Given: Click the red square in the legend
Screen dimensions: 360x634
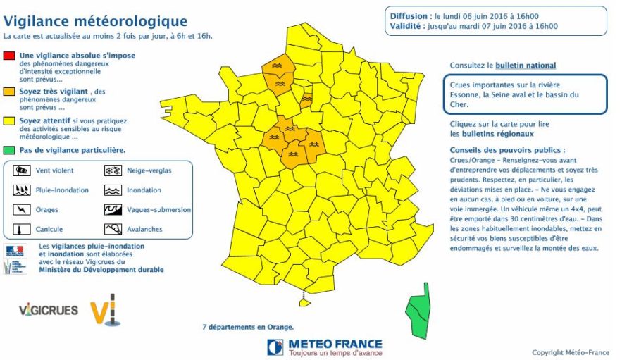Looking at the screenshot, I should click(8, 55).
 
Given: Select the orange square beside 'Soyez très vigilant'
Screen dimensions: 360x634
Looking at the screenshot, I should click(8, 92).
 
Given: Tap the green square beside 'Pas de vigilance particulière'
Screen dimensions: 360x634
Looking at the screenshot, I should click(8, 149).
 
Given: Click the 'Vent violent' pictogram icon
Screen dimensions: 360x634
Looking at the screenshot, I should click(22, 170).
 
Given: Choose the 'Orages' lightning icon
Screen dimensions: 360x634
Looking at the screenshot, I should click(22, 209).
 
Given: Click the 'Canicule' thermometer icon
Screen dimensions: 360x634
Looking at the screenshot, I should click(22, 229).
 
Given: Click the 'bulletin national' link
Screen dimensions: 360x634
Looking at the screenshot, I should click(525, 66).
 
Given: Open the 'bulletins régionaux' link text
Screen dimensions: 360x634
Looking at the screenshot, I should click(492, 133).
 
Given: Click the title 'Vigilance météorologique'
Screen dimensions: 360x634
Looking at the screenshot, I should click(95, 22).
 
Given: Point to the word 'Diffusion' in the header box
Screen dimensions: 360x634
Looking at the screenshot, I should click(408, 15).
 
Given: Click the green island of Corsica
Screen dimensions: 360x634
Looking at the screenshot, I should click(419, 311).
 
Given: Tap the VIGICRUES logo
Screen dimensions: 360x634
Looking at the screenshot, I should click(46, 309).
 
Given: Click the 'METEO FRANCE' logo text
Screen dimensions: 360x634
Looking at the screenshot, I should click(335, 343).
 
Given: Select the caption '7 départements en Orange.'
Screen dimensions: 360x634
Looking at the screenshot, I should click(247, 327).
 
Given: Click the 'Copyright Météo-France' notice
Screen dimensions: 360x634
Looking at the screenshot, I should click(570, 352).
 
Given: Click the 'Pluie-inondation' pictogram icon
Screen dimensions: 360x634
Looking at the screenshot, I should click(22, 190).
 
